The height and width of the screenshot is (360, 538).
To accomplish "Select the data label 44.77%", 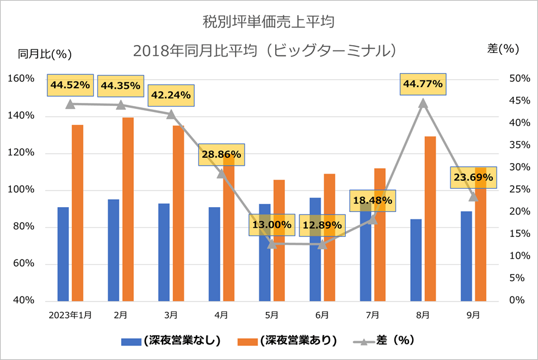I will pos(422,84).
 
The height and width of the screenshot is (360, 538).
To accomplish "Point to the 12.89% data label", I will pos(322,226).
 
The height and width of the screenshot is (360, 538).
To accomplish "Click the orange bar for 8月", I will pos(430,219).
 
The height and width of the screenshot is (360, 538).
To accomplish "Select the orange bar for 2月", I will pos(128,210).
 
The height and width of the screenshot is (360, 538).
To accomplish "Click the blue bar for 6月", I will pos(315,250).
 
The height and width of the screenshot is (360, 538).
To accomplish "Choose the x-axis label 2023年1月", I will pos(69,315).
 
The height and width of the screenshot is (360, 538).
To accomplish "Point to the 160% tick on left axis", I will pos(21,79).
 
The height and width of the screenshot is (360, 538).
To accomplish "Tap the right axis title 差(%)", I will pos(503,49).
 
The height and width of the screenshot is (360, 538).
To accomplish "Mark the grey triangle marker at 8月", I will pos(423,103).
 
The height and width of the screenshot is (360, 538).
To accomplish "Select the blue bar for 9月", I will pos(466,256).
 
